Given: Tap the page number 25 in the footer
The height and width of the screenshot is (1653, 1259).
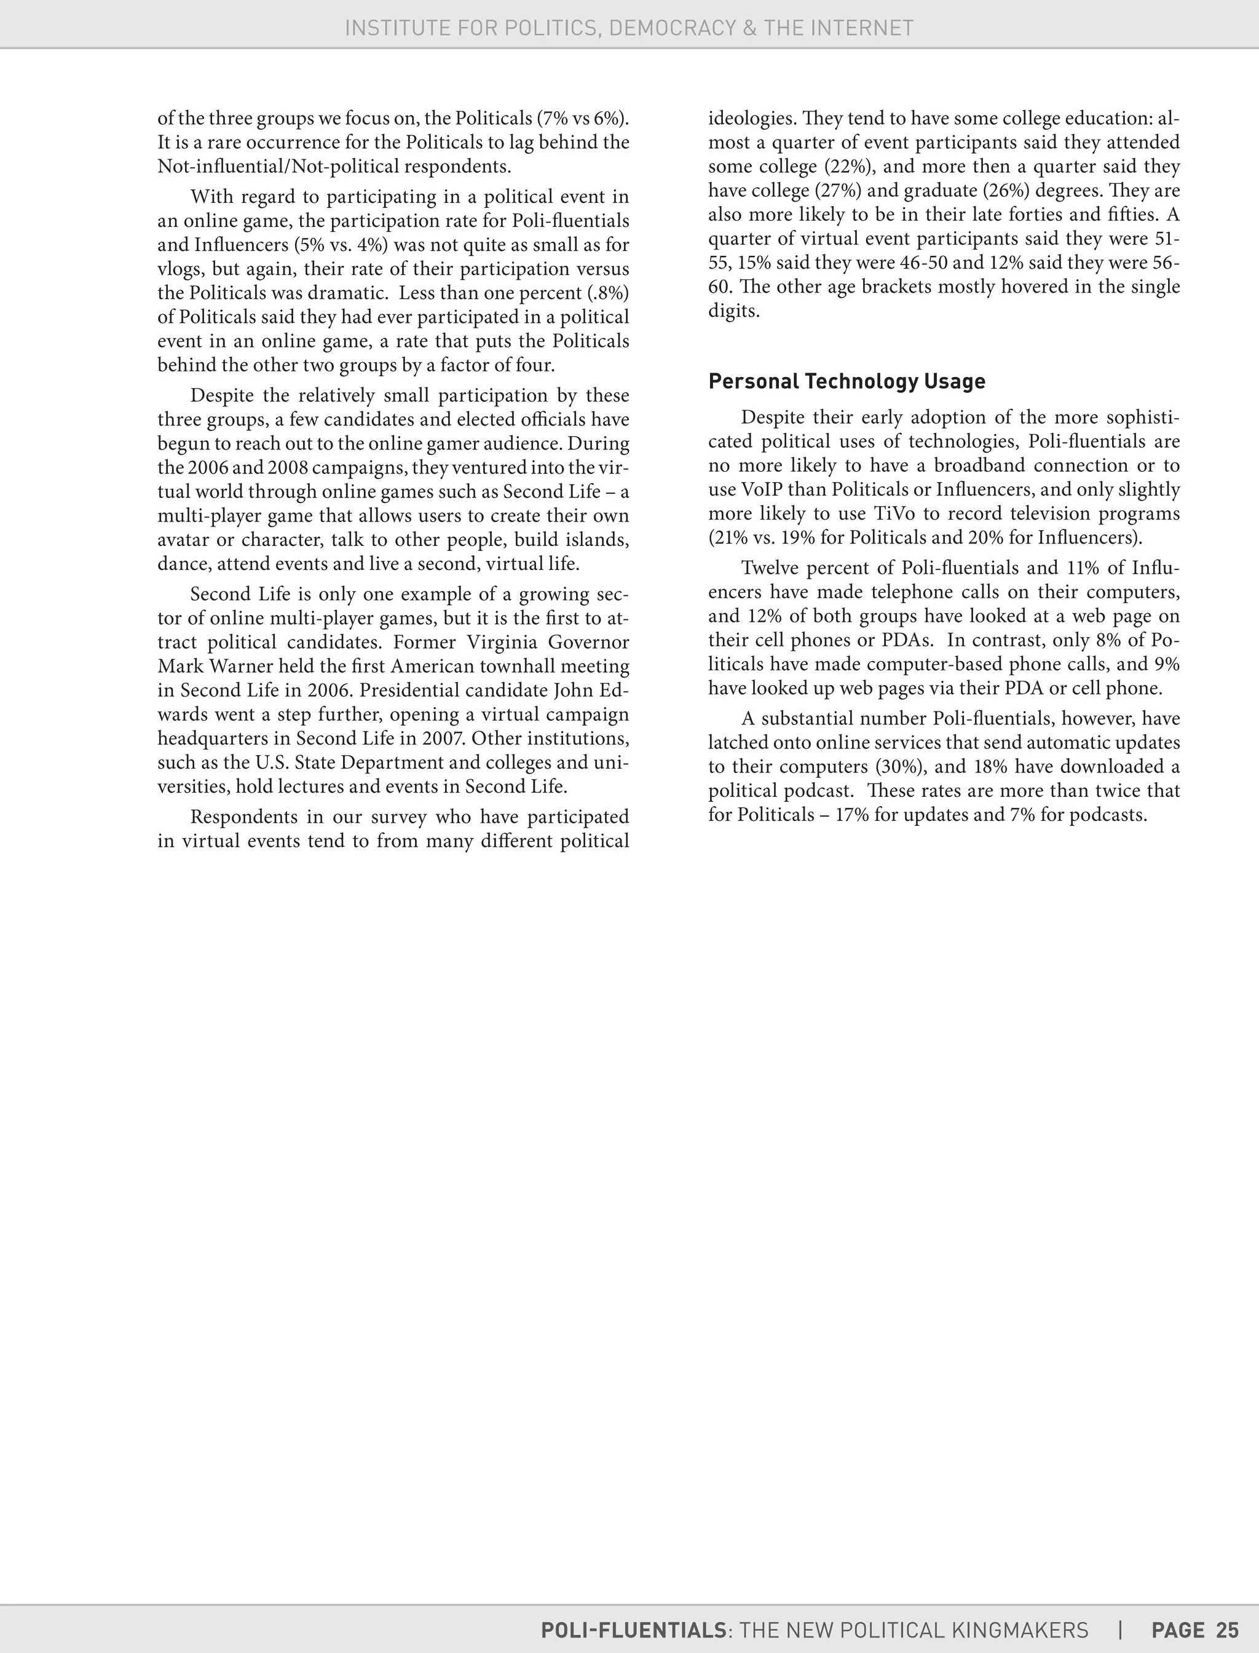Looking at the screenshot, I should (x=1228, y=1630).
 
